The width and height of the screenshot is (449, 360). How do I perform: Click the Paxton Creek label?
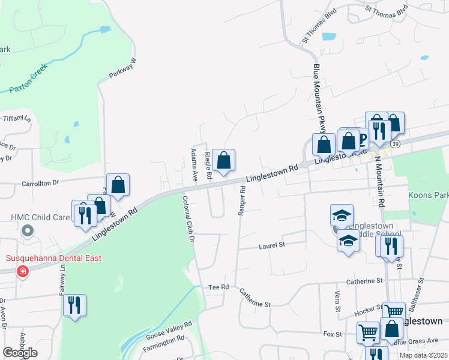tap(29, 86)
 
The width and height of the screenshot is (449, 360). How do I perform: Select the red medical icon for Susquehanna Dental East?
tap(23, 271)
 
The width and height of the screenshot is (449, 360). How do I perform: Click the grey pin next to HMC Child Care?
tap(27, 230)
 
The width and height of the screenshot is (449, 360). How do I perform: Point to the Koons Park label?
tap(428, 196)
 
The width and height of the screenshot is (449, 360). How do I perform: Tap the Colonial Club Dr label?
tap(188, 219)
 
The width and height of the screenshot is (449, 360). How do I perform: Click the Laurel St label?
tap(272, 245)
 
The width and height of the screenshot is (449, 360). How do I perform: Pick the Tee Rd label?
tap(219, 287)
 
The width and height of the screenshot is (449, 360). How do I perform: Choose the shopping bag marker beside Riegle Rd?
tap(223, 161)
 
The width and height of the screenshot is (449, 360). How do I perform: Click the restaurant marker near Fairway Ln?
tap(75, 305)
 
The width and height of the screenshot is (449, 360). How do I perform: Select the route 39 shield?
tap(395, 144)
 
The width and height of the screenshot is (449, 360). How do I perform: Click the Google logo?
tap(20, 353)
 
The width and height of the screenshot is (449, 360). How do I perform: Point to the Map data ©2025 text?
tap(423, 355)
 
